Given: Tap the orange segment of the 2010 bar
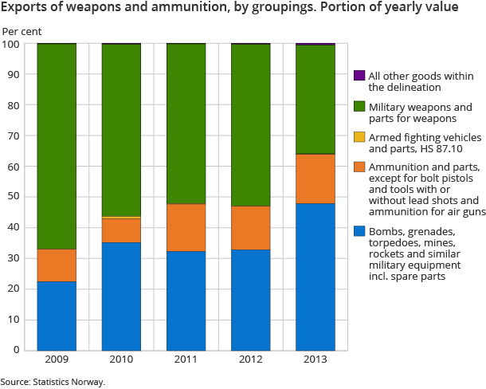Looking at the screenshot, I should pyautogui.click(x=121, y=230).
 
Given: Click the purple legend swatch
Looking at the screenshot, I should pyautogui.click(x=359, y=76).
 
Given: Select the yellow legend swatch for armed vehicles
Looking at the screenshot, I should pyautogui.click(x=359, y=136).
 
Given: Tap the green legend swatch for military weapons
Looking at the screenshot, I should pyautogui.click(x=359, y=106).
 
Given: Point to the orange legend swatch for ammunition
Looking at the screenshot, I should pyautogui.click(x=359, y=167).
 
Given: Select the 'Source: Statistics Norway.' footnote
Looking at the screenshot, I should pyautogui.click(x=53, y=382).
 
